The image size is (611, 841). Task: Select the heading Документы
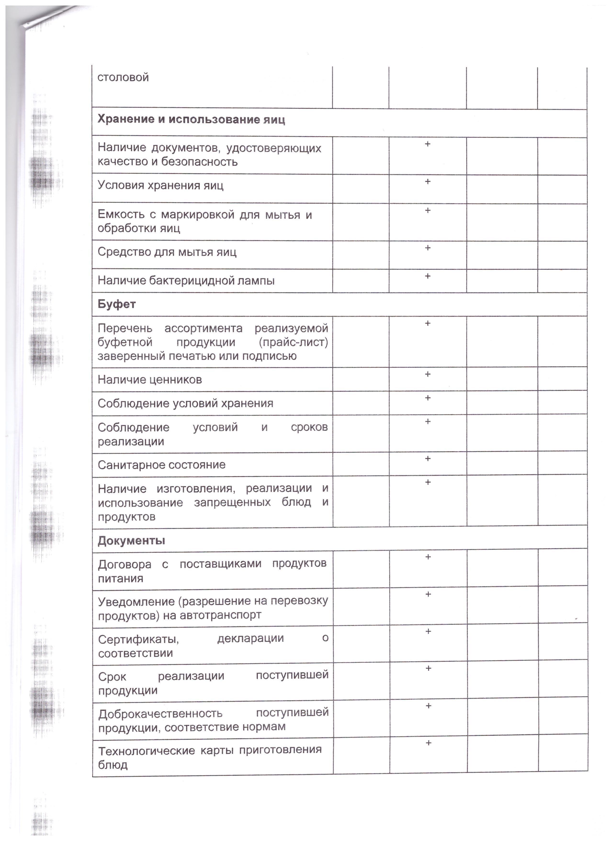coord(131,541)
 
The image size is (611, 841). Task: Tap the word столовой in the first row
coord(123,77)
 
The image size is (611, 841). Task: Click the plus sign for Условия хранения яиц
coord(428,181)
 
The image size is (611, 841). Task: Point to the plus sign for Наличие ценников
coord(428,374)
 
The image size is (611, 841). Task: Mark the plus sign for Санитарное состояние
coord(428,458)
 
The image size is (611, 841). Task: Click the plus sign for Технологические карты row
coord(428,743)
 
